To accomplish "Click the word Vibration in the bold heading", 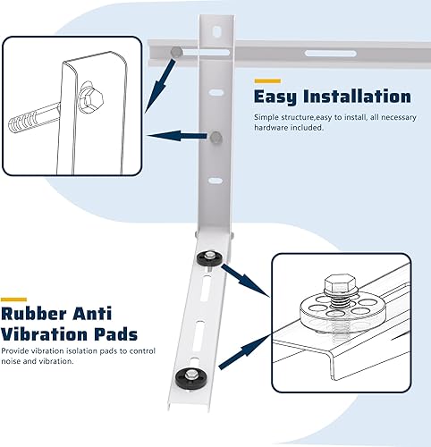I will coord(45,336).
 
